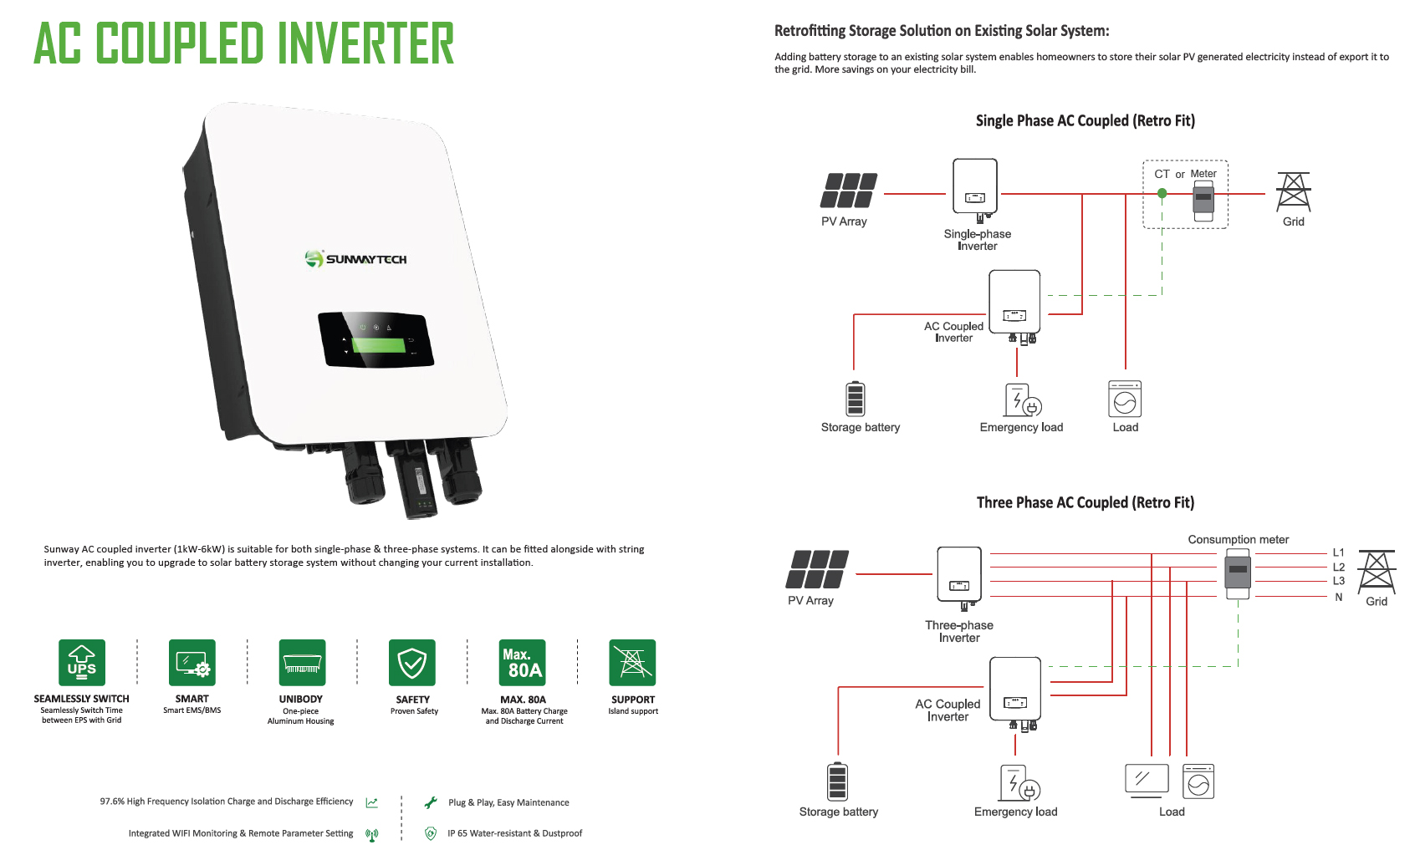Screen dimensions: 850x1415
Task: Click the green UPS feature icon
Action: (82, 663)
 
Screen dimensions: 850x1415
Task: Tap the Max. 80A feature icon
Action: (523, 663)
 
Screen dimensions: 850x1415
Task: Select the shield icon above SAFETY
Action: (412, 663)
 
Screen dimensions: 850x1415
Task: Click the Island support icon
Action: (632, 663)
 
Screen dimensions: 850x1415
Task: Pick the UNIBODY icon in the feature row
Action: (302, 663)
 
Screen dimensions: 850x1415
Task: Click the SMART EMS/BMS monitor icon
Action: (192, 663)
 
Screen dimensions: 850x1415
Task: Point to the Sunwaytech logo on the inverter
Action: (356, 259)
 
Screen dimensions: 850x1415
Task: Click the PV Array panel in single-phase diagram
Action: (849, 191)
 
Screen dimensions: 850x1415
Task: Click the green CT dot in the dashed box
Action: (1162, 193)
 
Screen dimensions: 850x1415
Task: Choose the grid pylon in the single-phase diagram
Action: (1293, 192)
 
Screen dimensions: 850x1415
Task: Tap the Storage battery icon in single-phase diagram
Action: (855, 398)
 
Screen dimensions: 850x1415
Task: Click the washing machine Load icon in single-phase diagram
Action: (1125, 400)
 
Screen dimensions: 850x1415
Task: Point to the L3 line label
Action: (1339, 581)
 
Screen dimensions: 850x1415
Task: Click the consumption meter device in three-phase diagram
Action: (1238, 573)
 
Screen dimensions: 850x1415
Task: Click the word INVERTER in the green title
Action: (365, 43)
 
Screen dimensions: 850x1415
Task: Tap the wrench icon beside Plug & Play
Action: (431, 802)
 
